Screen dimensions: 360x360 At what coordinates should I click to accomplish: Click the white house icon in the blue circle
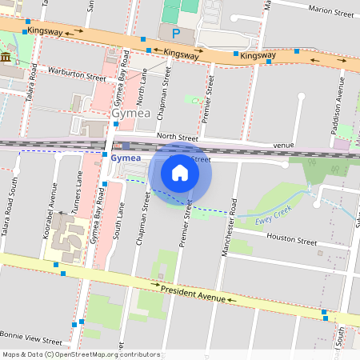[180, 172]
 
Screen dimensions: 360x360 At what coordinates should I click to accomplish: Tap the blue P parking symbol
[175, 34]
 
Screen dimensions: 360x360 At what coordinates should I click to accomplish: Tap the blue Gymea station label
[125, 158]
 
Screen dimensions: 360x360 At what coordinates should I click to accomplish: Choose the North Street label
[177, 137]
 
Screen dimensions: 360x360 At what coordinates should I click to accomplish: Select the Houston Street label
[291, 238]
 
